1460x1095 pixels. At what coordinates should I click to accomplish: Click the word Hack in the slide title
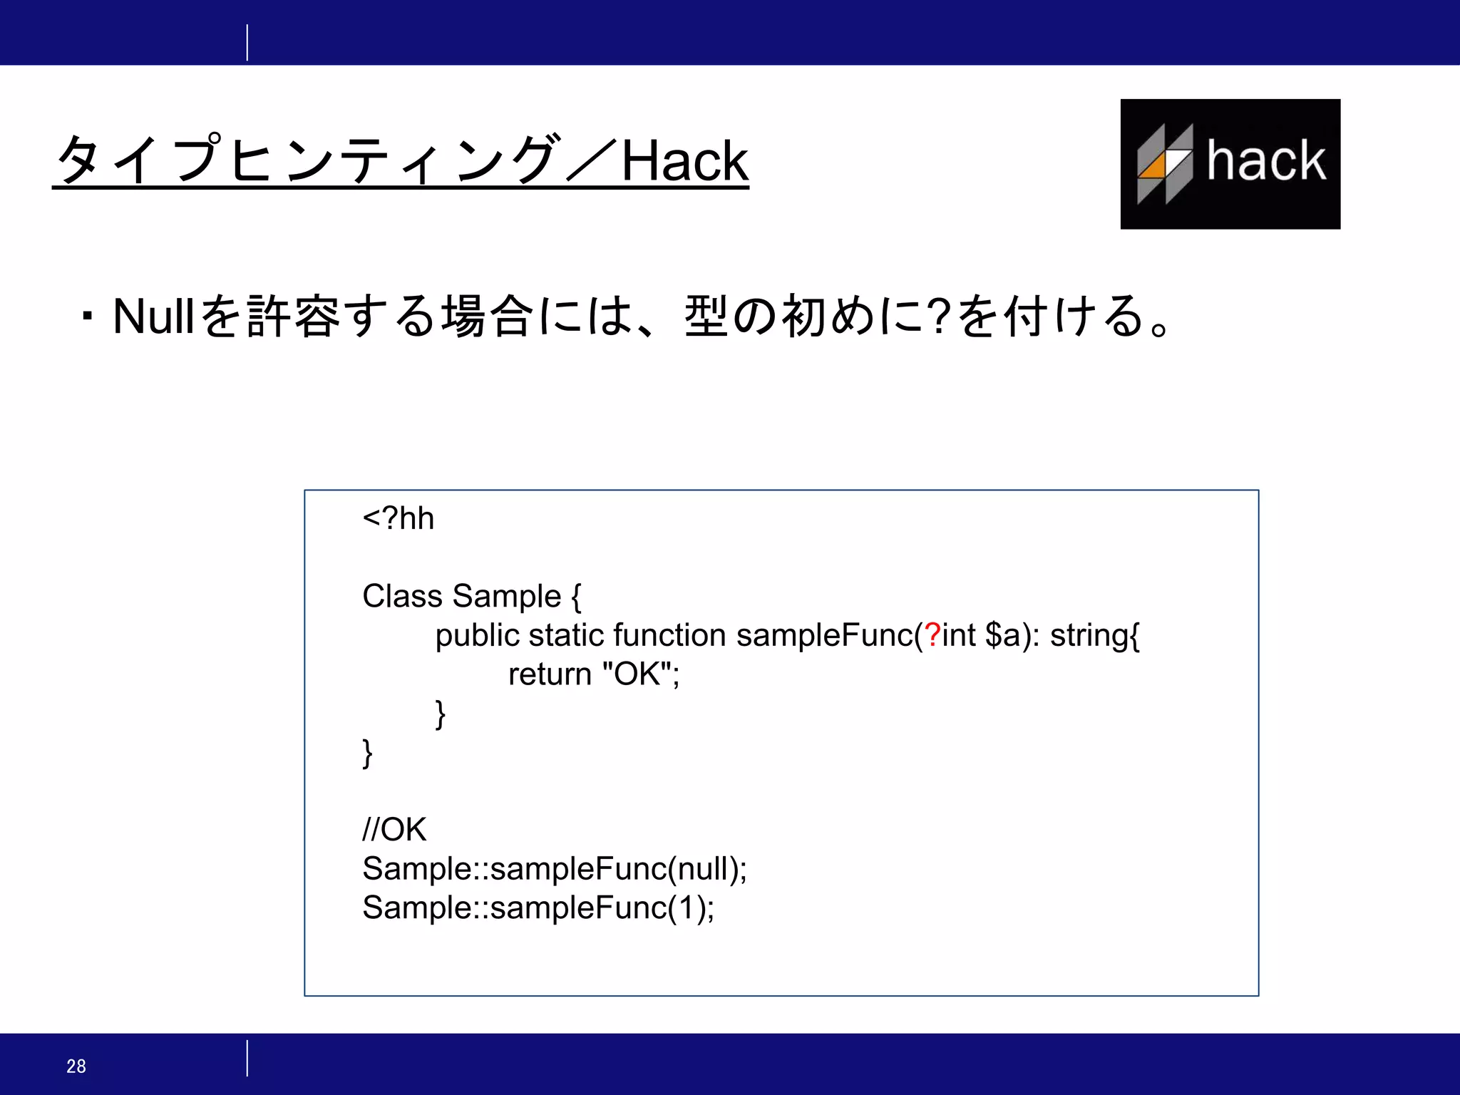click(x=684, y=161)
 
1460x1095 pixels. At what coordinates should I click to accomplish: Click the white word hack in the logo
click(x=1266, y=160)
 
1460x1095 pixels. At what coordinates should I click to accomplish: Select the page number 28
click(x=76, y=1066)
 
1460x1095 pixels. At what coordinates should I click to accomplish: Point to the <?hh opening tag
click(x=398, y=518)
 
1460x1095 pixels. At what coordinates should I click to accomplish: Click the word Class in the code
click(x=402, y=596)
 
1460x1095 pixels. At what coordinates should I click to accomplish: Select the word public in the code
click(x=477, y=635)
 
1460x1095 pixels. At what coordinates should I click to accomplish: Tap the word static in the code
click(x=566, y=635)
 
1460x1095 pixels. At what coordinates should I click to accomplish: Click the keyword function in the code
click(x=669, y=635)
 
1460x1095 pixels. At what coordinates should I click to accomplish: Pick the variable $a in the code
click(x=1003, y=635)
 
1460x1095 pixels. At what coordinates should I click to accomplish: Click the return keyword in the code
click(x=550, y=674)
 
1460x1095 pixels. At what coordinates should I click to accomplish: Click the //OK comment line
click(x=394, y=829)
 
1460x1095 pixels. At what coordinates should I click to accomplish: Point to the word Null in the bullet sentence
click(x=153, y=316)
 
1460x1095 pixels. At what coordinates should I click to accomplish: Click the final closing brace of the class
click(x=368, y=753)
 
